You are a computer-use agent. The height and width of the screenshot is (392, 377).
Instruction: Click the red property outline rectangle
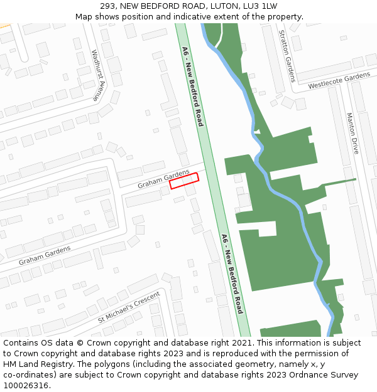(184, 181)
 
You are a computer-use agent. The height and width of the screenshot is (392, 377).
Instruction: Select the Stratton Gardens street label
(287, 55)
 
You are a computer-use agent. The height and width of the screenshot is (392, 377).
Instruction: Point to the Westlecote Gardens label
(339, 81)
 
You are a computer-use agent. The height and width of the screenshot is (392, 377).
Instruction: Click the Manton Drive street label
(352, 134)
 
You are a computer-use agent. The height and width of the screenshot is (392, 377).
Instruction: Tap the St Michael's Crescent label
(129, 307)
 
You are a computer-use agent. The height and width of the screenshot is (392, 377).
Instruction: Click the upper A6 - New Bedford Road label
(192, 86)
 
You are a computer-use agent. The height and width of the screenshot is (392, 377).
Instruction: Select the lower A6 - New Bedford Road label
(232, 273)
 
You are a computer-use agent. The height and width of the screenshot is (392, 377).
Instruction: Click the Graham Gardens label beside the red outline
(163, 179)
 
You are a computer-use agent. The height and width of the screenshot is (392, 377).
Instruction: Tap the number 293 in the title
(108, 6)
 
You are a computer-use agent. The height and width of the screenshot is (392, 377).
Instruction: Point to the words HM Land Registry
(33, 364)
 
